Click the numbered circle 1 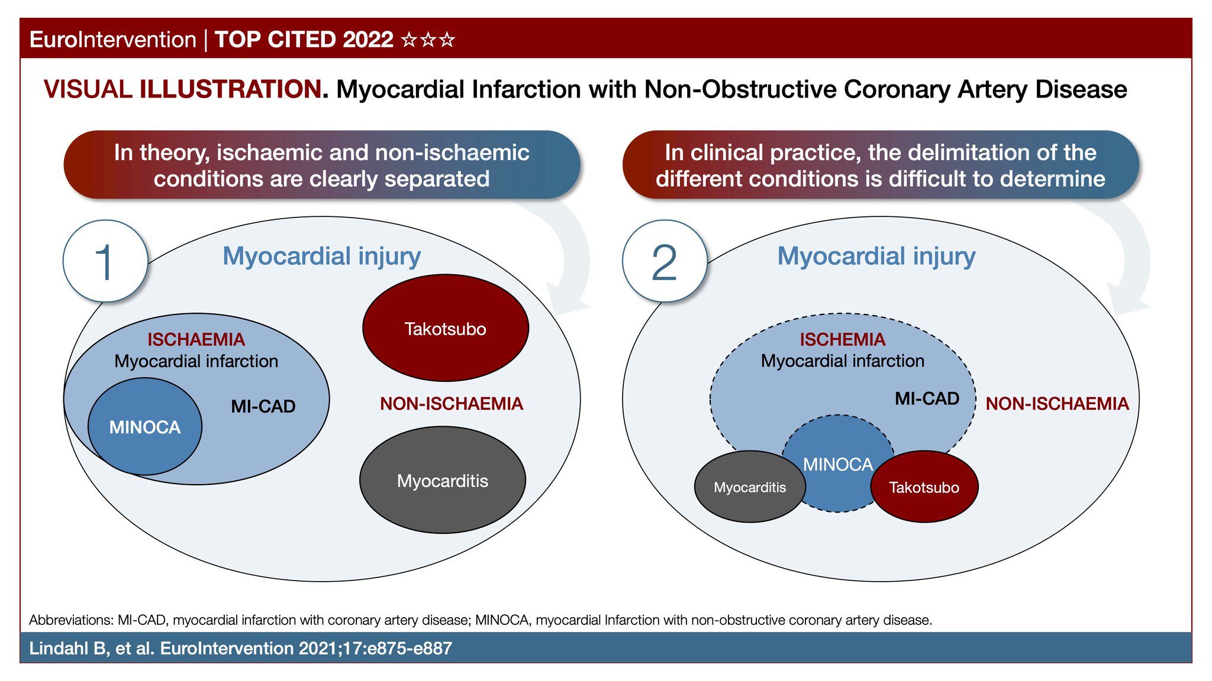(x=105, y=261)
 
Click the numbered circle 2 (x=665, y=261)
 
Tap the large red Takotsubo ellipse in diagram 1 (x=445, y=328)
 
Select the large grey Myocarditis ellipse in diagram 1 (x=443, y=481)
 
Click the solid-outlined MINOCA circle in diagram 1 (x=145, y=427)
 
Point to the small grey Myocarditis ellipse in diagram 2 (x=750, y=487)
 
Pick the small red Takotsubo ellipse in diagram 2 (x=924, y=487)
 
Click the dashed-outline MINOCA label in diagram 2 (x=838, y=465)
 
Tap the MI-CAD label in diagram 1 (x=263, y=406)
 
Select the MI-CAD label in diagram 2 (x=927, y=398)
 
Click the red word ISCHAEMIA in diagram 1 (x=196, y=339)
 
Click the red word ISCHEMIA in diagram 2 (x=843, y=339)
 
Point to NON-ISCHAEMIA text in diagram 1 (x=452, y=404)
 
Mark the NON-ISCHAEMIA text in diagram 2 (x=1057, y=404)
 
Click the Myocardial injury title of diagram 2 (x=876, y=256)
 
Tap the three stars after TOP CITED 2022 (x=428, y=40)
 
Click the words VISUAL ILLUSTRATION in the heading (x=182, y=89)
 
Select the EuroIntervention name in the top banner (x=112, y=40)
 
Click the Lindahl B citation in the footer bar (x=240, y=648)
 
